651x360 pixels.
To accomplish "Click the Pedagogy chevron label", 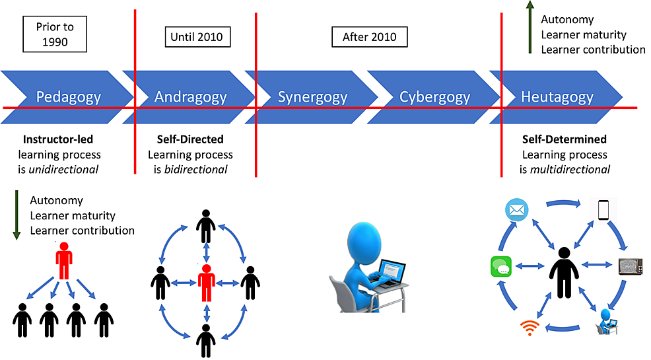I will pos(69,97).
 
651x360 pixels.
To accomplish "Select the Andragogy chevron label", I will pos(190,97).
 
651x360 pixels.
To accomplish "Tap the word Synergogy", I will pos(312,97).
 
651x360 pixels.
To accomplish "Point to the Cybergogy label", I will pos(434,97).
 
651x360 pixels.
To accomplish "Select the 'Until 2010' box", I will pos(197,36).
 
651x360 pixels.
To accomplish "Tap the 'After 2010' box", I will pos(369,36).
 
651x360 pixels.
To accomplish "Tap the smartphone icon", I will pos(602,210).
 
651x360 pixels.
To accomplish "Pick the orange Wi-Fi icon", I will pos(529,326).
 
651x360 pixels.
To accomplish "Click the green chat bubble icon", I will pos(501,266).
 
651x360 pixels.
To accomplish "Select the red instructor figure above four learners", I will pos(63,260).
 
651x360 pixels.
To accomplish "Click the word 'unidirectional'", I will pos(66,169).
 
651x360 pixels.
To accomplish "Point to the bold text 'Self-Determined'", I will pos(565,139).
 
